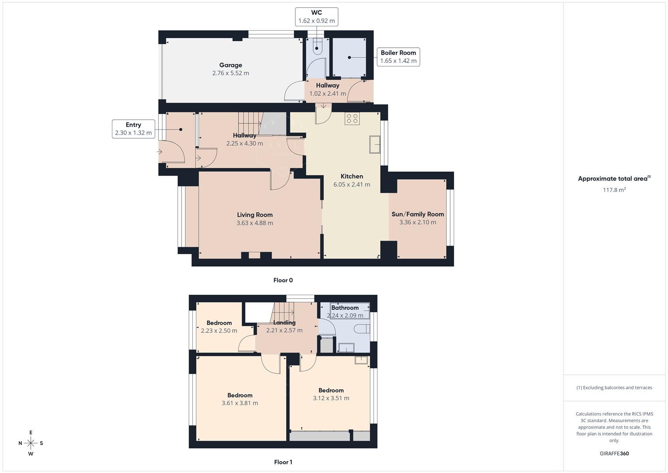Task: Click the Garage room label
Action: coord(231,65)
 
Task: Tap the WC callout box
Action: coord(317,17)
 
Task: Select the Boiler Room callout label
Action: coord(398,57)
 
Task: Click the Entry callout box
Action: coord(133,129)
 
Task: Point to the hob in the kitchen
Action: coord(352,118)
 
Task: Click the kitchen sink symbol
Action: coord(374,145)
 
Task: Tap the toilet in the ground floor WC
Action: coord(318,46)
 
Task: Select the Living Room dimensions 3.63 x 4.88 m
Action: coord(255,223)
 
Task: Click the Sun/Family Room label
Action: coord(417,214)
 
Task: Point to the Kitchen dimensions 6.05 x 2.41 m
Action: coord(352,184)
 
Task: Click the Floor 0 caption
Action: coord(283,280)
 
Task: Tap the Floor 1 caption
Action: coord(283,462)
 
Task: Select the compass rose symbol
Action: coord(31,443)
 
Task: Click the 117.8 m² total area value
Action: coord(614,190)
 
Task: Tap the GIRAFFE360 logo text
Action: coord(614,453)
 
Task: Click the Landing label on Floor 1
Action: coord(284,322)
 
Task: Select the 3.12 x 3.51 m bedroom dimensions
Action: coord(331,398)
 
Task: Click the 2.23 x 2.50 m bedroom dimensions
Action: coord(219,331)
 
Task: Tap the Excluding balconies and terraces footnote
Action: coord(614,388)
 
